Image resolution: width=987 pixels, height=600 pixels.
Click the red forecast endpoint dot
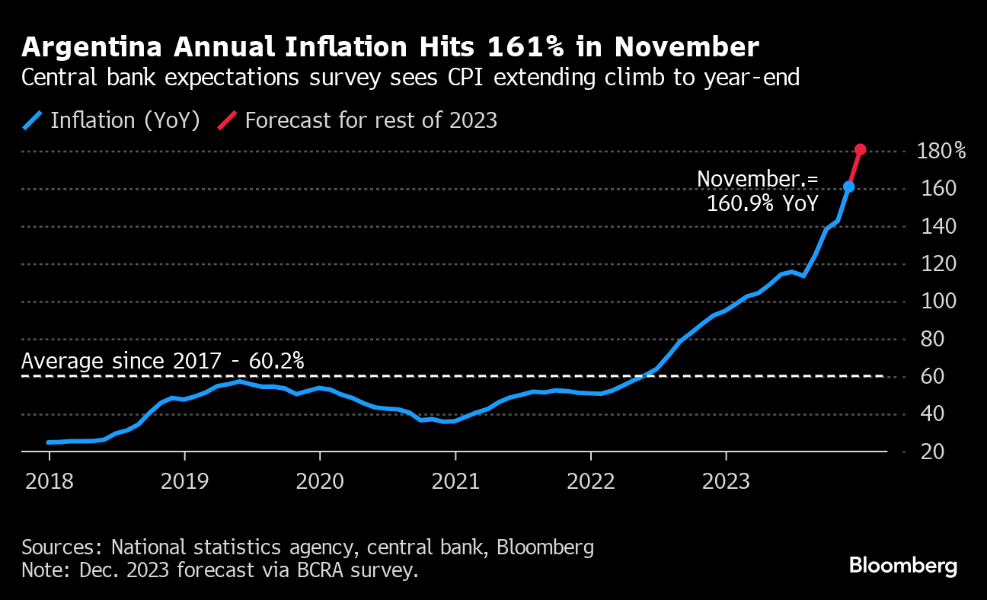861,150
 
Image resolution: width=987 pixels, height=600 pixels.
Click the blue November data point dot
849,187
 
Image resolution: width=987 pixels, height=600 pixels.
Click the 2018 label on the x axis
49,481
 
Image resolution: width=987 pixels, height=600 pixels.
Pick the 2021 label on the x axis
455,481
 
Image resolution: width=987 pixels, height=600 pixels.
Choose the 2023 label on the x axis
726,481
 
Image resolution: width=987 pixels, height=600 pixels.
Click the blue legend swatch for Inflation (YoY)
33,120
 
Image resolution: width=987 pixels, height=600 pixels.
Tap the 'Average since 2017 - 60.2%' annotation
163,361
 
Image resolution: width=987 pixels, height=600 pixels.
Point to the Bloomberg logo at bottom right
902,566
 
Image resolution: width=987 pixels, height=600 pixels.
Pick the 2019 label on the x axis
184,481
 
